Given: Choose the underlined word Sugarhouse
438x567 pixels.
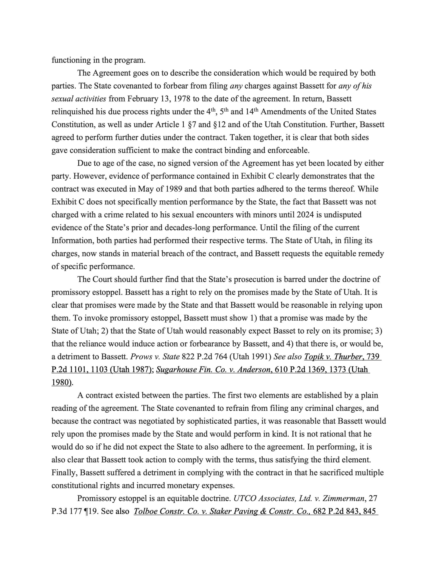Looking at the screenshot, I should pos(176,369).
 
